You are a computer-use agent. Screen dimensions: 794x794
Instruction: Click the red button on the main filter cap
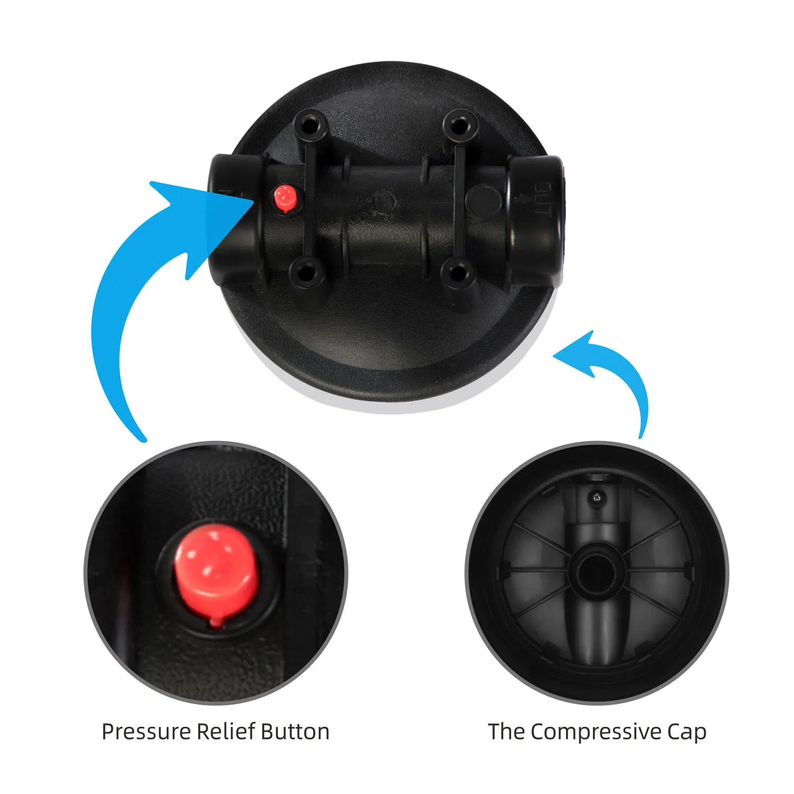click(285, 198)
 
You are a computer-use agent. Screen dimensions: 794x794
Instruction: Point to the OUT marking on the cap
click(542, 199)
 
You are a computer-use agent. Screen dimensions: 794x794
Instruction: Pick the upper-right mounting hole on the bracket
click(458, 126)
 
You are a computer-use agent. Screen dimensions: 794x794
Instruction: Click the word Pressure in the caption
click(146, 732)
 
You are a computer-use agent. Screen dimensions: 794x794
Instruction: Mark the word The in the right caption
click(507, 731)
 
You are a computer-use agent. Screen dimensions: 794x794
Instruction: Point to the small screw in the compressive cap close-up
click(597, 497)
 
